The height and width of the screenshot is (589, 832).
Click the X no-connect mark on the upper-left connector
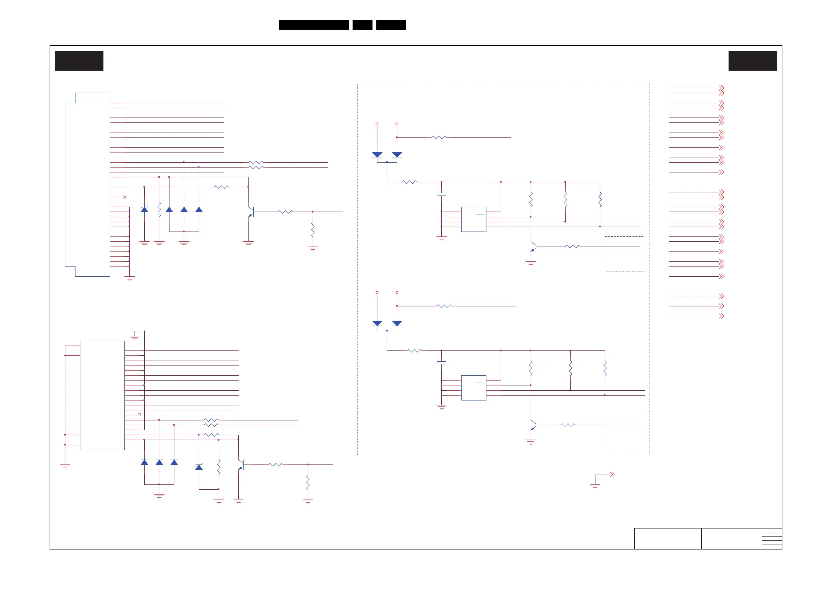tap(125, 197)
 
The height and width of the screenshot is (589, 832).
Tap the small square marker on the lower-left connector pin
tap(139, 414)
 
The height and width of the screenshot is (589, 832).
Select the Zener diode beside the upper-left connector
tap(144, 209)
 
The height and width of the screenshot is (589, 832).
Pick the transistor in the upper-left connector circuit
tap(251, 212)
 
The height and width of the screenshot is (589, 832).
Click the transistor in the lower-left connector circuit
tap(241, 464)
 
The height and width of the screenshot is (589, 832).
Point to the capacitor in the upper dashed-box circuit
tap(441, 194)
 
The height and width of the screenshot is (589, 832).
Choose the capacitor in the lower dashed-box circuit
tap(441, 363)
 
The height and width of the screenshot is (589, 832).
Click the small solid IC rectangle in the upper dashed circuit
tap(473, 219)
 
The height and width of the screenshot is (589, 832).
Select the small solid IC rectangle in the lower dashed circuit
tap(473, 388)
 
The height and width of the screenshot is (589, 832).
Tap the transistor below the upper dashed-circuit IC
tap(533, 247)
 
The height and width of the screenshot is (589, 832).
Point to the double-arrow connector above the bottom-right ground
tap(613, 474)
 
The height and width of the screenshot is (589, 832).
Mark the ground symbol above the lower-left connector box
tap(135, 338)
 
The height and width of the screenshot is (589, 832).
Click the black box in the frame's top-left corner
tap(79, 61)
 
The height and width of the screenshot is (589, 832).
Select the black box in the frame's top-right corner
tap(753, 61)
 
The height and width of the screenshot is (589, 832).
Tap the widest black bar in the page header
tap(314, 25)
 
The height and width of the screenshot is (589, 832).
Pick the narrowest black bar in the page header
tap(362, 25)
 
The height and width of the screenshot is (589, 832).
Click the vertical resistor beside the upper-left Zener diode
tap(159, 210)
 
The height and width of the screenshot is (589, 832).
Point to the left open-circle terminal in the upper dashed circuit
tap(377, 124)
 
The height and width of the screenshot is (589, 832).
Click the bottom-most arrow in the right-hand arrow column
tap(721, 316)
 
